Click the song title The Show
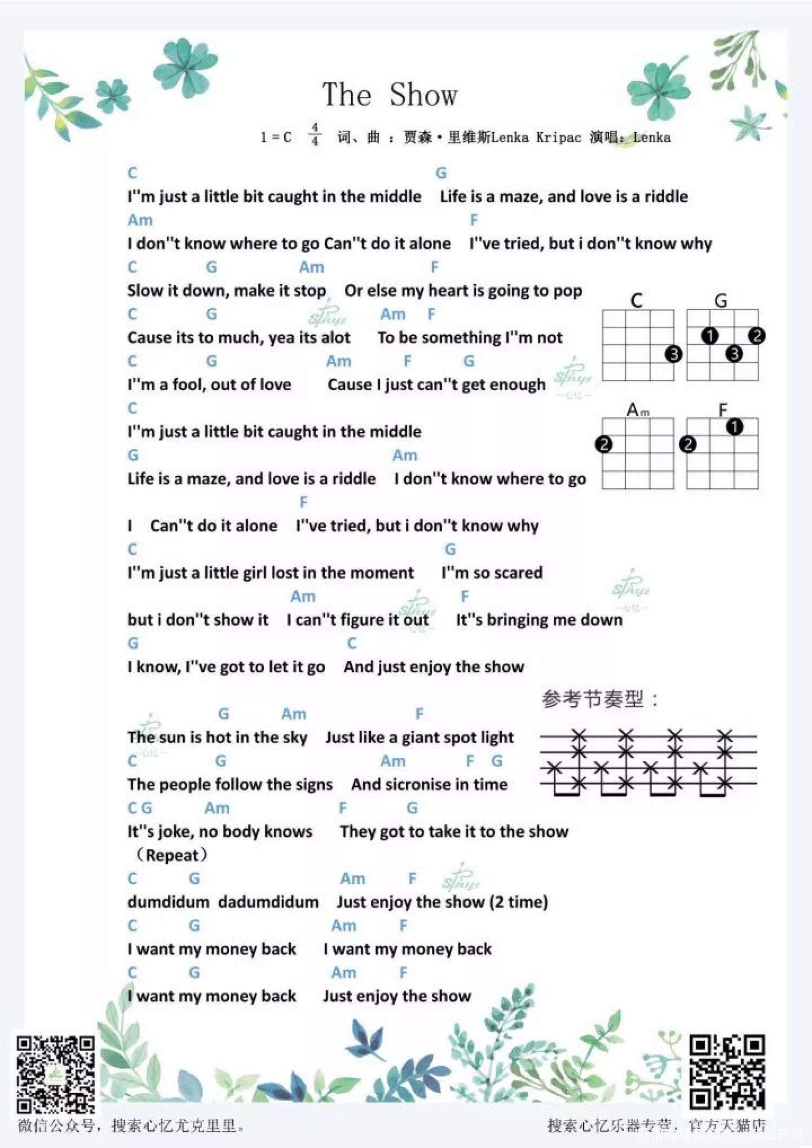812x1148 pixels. [x=390, y=95]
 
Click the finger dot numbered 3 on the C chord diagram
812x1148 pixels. [x=673, y=355]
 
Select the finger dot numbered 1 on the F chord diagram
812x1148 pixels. [x=734, y=427]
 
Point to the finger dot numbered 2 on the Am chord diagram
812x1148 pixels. [x=603, y=444]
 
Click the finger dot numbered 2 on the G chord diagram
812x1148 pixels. [x=757, y=336]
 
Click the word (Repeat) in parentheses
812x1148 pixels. [x=169, y=856]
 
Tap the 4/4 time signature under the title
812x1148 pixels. [x=315, y=134]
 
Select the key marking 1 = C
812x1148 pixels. [x=276, y=137]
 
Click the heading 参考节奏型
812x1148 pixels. [x=600, y=699]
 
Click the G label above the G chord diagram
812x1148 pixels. [x=721, y=301]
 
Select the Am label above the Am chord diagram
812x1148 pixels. [x=638, y=410]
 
